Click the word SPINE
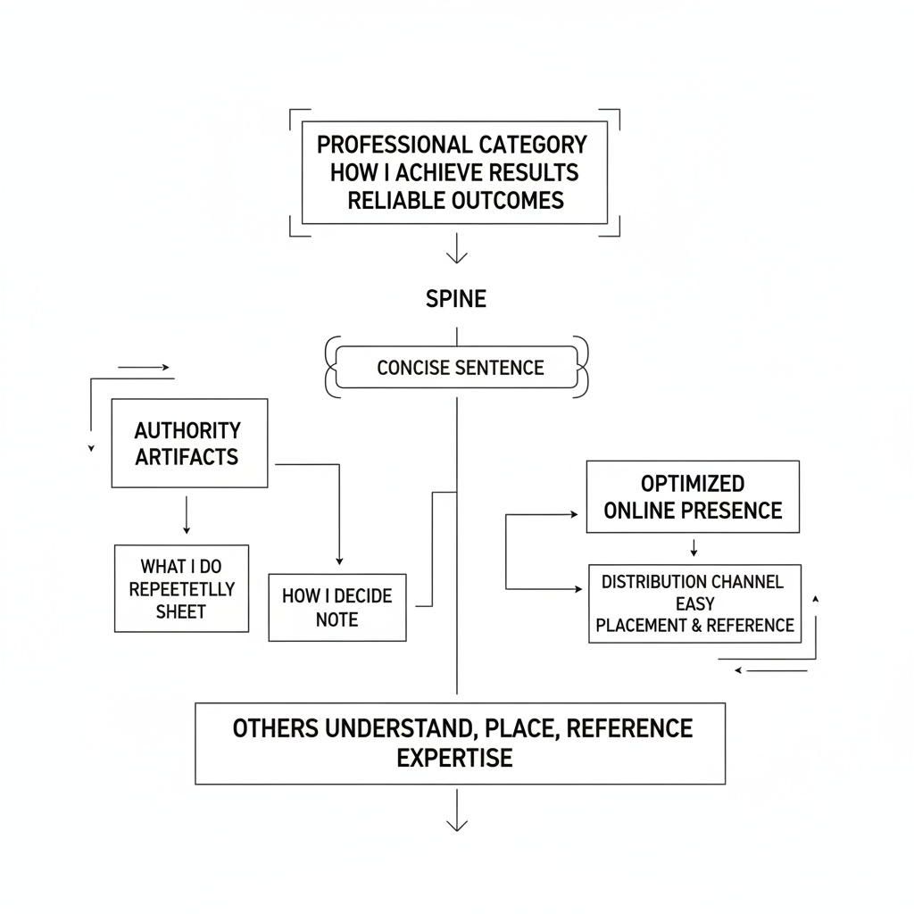(x=456, y=299)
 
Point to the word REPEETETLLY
(x=182, y=589)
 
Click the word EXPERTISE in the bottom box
(x=454, y=758)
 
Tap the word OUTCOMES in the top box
(x=508, y=201)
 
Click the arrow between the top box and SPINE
(x=456, y=248)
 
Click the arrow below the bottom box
(x=456, y=810)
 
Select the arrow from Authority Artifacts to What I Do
(x=187, y=515)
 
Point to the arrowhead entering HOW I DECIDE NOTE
(x=339, y=561)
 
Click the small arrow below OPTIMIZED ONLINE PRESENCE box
(x=694, y=548)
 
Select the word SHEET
(x=180, y=611)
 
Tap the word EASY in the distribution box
(x=694, y=603)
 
